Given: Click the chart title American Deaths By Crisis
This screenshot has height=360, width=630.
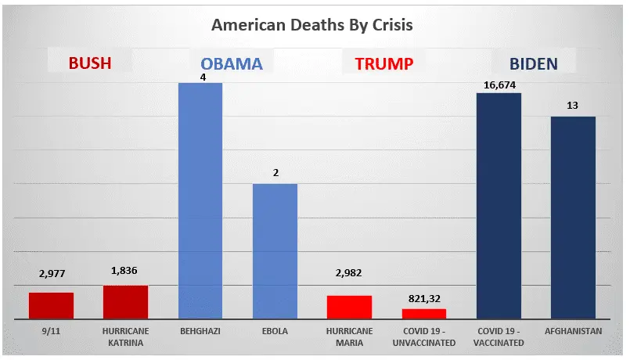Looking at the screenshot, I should point(312,25).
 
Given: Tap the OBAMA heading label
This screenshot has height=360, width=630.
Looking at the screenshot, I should point(231,63).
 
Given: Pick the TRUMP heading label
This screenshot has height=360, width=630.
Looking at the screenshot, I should point(383,63).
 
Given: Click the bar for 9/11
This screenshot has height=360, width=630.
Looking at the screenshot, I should point(51,305).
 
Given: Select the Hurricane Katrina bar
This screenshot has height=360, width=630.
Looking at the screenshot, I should point(125,302).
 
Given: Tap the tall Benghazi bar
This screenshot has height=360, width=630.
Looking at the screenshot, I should point(200,200).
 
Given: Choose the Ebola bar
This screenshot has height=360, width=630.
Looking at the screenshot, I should point(275,250).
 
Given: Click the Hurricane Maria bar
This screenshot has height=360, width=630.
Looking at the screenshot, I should point(350,307).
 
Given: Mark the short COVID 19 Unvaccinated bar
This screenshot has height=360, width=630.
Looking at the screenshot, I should point(424,313).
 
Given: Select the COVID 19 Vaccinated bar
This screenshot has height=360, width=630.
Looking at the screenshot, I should point(499,205).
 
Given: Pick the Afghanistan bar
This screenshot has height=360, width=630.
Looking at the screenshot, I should point(574,218).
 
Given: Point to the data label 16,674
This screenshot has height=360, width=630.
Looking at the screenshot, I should point(499,85).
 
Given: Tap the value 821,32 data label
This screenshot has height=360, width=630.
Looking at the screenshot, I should point(424,299).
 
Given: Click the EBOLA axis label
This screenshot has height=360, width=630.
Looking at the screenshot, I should point(275,331).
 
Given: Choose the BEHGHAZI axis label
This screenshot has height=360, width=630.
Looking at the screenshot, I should point(200,331).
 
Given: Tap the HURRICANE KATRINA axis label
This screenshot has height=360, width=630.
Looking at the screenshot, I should point(125,337).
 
